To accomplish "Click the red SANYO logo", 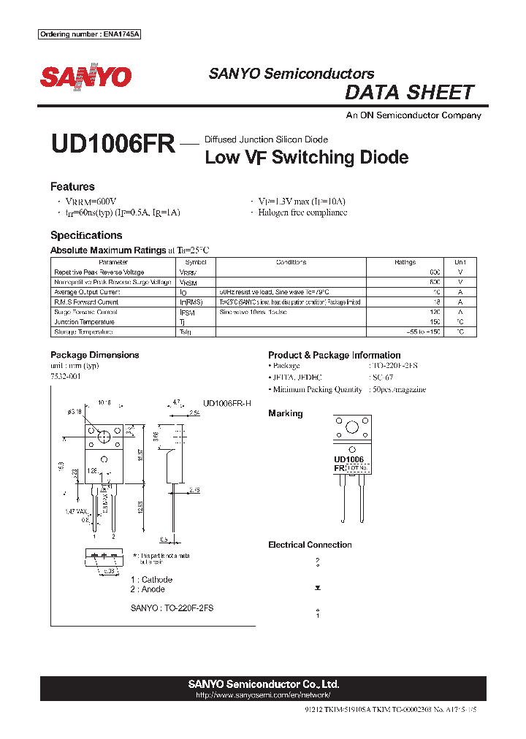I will [85, 77].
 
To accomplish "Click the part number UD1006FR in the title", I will [113, 144].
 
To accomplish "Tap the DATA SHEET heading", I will [409, 93].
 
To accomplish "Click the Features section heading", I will [72, 187].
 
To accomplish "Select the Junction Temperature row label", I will [86, 321].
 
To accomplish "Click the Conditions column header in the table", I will [291, 262].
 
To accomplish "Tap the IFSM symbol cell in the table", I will [188, 312].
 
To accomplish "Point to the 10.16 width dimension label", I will [104, 402].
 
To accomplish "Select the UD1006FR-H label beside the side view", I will [226, 403].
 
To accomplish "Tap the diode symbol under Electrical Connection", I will [317, 586].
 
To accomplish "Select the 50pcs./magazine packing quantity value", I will [398, 389].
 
